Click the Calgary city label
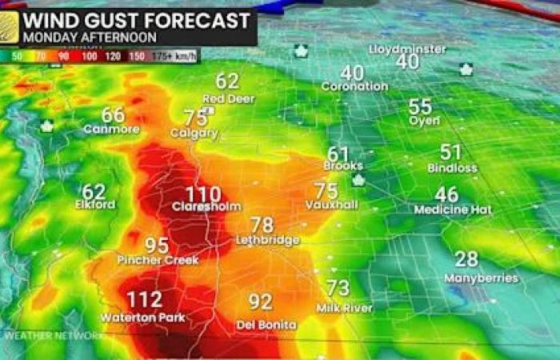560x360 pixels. [194, 134]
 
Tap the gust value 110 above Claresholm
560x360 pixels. [202, 194]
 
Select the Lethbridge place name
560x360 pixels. [267, 240]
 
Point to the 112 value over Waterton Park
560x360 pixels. [145, 300]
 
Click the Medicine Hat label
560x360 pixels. [453, 210]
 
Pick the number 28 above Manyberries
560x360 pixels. [467, 259]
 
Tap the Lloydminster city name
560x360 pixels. [407, 49]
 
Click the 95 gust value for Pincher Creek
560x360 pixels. [157, 246]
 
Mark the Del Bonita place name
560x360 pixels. [267, 325]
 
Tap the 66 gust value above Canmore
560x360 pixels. [113, 115]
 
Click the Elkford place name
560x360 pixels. [94, 205]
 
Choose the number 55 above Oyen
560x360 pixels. [420, 106]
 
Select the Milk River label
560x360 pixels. [345, 308]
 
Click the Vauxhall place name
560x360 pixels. [326, 206]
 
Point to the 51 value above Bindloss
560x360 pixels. [451, 152]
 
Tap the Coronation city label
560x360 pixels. [354, 86]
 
